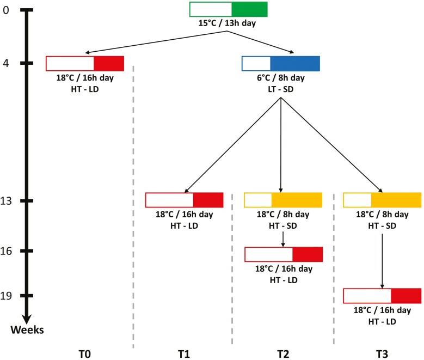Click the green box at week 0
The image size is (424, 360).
pos(229,9)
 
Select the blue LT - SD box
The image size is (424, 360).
pos(280,63)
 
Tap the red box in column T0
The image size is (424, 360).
pos(85,63)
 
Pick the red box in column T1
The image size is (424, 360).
pos(184,200)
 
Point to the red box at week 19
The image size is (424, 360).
pos(382,296)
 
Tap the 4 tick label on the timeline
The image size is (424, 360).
pos(6,63)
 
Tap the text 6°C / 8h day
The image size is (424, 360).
pos(280,78)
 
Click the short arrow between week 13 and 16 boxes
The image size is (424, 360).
pos(283,238)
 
